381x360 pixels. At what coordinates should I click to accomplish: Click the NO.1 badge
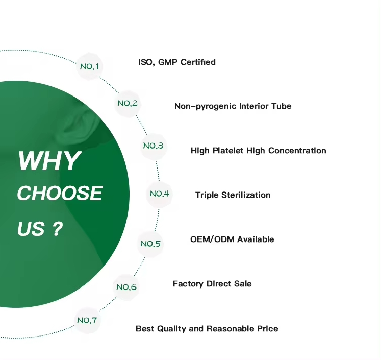89,66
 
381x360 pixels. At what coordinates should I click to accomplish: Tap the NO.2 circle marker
128,103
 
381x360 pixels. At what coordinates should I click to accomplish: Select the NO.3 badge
154,146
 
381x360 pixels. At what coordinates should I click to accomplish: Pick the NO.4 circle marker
160,194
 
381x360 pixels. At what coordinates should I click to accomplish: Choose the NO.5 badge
150,244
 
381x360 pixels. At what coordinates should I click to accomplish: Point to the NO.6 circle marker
126,287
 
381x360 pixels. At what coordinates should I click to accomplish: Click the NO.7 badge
87,320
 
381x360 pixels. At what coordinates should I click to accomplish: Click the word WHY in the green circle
49,161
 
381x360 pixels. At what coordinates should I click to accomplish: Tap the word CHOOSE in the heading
60,193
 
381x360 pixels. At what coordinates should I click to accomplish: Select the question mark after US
57,229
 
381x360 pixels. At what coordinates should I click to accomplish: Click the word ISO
145,62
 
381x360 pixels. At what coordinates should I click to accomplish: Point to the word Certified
198,62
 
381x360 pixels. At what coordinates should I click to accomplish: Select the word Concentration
297,151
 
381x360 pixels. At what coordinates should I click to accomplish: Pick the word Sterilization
246,195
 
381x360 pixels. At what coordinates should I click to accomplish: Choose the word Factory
188,284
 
